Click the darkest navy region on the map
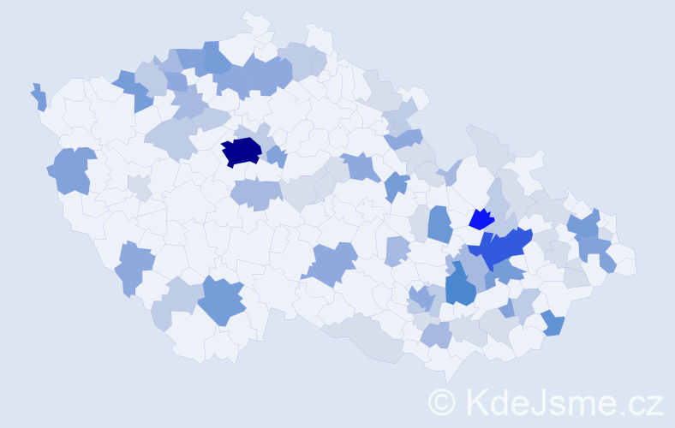tap(242, 152)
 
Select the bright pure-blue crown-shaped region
tap(481, 219)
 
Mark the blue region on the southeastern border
tap(554, 324)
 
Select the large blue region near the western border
tap(73, 169)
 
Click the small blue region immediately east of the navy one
tap(276, 156)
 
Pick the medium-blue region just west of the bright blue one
tap(439, 224)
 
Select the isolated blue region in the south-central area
tap(332, 262)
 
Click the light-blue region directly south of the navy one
tap(254, 193)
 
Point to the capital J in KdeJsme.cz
tap(541, 401)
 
